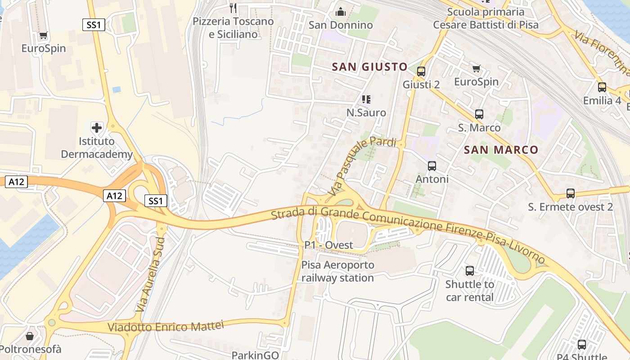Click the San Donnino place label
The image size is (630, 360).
click(x=341, y=25)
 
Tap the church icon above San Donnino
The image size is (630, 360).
click(x=341, y=11)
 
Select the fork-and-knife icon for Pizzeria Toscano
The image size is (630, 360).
click(x=233, y=8)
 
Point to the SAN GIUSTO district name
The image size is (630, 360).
click(x=369, y=67)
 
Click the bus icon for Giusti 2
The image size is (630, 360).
click(x=421, y=71)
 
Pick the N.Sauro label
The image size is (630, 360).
click(x=366, y=112)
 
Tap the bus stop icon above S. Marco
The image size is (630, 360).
click(x=479, y=114)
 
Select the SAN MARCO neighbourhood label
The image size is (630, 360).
click(x=501, y=150)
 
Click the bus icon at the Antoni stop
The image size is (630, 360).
click(x=432, y=166)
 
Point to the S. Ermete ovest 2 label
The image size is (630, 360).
click(x=570, y=207)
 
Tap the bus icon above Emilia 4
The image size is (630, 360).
click(x=602, y=87)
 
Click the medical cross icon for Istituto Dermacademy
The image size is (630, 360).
click(x=96, y=127)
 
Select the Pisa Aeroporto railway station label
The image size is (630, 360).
click(x=337, y=271)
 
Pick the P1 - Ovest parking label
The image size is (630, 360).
click(x=328, y=245)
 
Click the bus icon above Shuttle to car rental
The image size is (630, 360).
click(x=470, y=271)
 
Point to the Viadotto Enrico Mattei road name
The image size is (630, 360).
click(x=166, y=326)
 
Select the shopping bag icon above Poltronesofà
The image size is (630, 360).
click(x=30, y=336)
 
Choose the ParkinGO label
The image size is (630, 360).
click(x=255, y=355)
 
